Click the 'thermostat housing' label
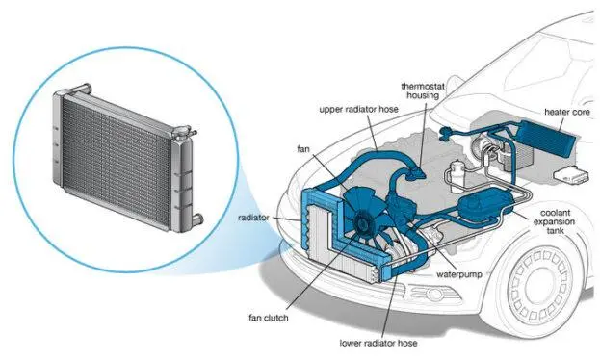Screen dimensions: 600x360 click(423, 90)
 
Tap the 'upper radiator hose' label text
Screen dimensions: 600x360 click(358, 110)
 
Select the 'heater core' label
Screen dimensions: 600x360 click(567, 112)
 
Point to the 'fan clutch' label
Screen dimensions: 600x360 click(269, 318)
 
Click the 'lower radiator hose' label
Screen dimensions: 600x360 click(378, 343)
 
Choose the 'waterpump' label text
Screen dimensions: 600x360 click(459, 274)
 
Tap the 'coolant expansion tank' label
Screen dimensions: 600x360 click(554, 221)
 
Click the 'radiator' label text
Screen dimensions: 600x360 click(253, 218)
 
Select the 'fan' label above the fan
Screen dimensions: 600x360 click(303, 149)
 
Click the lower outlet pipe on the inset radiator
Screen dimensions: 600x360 click(197, 219)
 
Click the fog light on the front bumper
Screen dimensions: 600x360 click(430, 294)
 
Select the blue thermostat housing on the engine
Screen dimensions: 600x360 click(415, 172)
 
